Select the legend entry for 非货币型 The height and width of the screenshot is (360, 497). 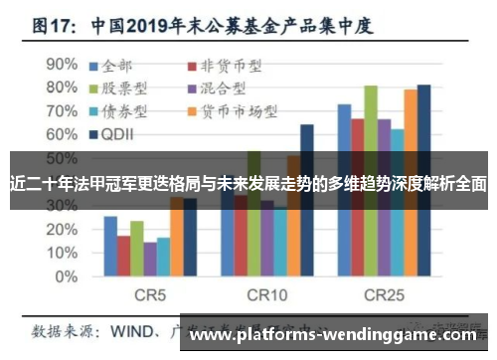224,67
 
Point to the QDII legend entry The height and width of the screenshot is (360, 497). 118,132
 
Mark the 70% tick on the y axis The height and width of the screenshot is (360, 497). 61,108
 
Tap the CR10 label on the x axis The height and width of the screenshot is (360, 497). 266,295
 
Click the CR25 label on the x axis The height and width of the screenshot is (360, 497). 384,295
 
